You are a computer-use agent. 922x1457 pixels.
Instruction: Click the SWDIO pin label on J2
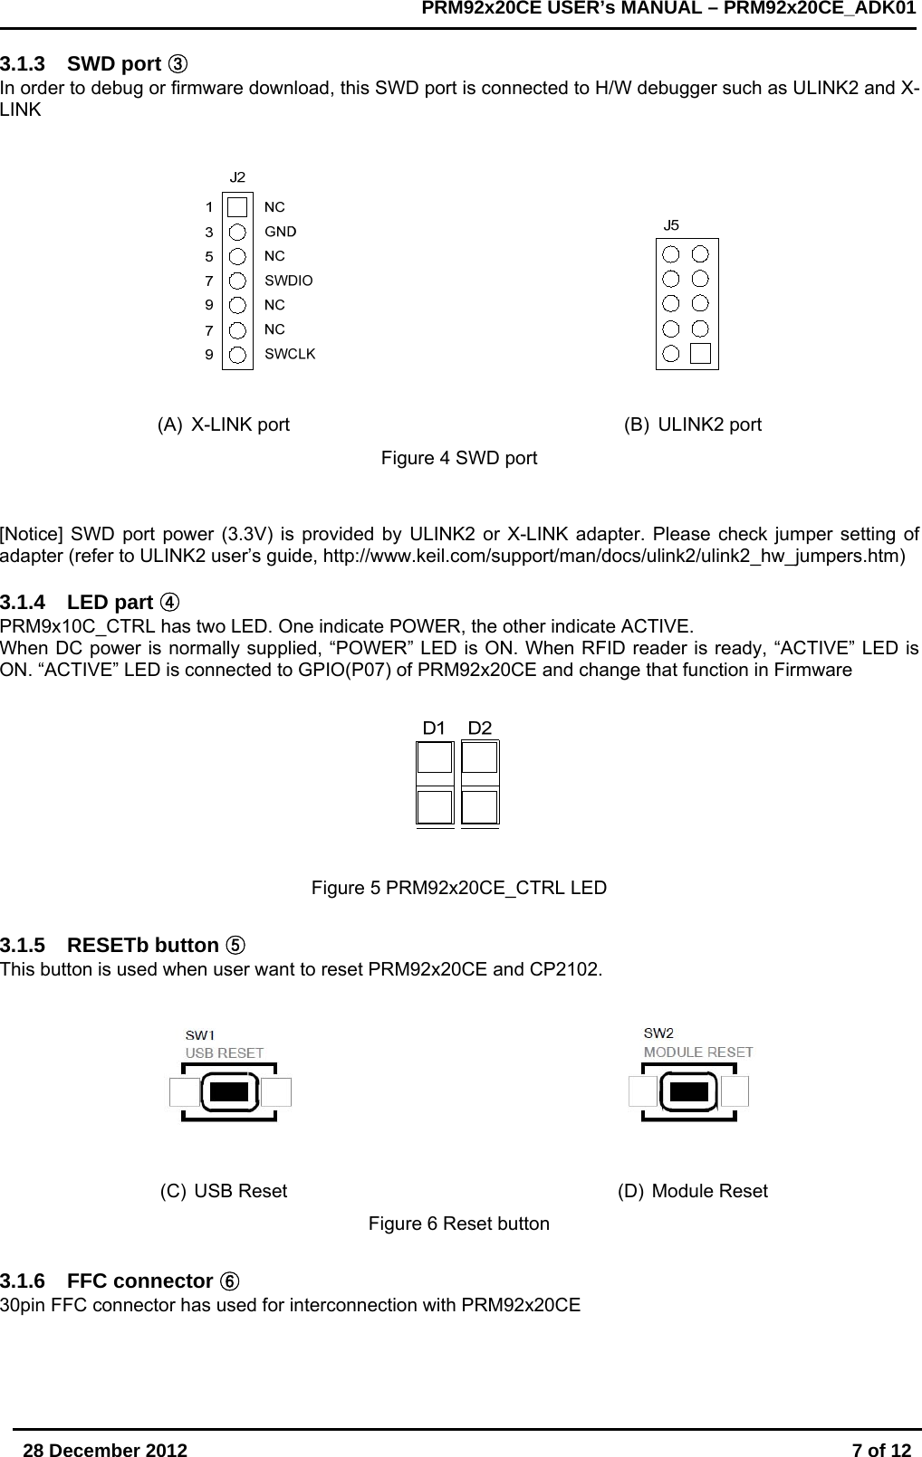pos(288,281)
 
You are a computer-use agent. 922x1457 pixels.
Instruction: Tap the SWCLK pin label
pos(290,354)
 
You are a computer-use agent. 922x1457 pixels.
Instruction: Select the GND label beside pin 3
pos(280,232)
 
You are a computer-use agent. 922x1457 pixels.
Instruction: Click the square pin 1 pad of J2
pos(237,207)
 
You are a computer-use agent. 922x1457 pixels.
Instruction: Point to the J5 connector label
pos(671,224)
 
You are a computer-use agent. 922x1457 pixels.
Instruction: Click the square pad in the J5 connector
pos(700,354)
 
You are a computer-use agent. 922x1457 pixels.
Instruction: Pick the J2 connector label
pos(237,176)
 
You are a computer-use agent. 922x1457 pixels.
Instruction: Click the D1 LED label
pos(435,728)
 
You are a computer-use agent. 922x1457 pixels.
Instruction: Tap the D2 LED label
pos(480,728)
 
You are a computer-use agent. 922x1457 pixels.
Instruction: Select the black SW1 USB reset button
pos(229,1091)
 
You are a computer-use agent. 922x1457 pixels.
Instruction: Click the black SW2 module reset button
pos(689,1090)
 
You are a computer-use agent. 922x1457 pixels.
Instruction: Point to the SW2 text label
pos(658,1033)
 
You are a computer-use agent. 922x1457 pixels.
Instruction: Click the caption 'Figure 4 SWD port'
pos(458,458)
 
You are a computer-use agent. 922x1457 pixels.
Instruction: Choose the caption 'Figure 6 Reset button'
pos(458,1224)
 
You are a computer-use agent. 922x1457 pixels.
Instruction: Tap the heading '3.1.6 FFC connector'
pos(120,1281)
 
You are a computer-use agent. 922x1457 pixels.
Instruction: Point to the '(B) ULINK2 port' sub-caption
pos(693,424)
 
